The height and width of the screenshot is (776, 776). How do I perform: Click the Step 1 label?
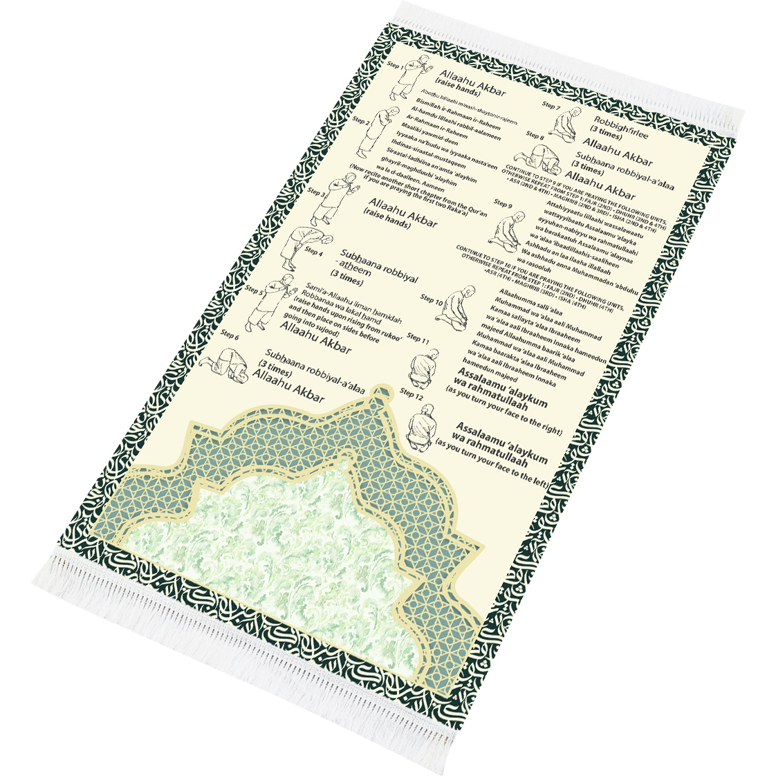point(396,66)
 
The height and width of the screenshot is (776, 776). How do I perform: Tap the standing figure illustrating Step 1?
point(412,77)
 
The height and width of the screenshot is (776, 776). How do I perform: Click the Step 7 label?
point(551,106)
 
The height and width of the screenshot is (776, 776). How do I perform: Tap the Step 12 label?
point(411,394)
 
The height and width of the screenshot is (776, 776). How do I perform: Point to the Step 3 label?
point(317,192)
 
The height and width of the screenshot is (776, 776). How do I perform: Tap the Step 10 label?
point(432,299)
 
